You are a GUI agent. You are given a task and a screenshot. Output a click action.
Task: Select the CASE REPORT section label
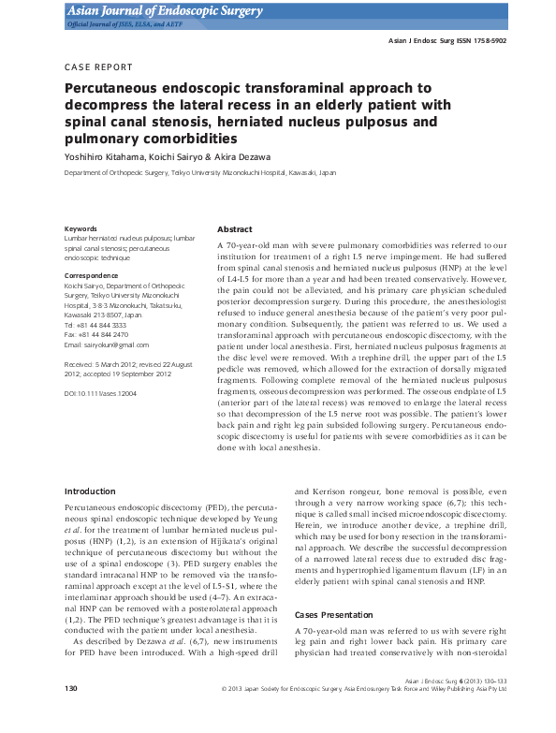pyautogui.click(x=98, y=67)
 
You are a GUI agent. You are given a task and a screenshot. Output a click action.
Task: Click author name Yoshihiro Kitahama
pyautogui.click(x=104, y=156)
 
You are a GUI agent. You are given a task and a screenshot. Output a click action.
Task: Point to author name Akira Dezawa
pyautogui.click(x=247, y=156)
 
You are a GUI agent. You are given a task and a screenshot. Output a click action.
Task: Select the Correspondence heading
pyautogui.click(x=90, y=275)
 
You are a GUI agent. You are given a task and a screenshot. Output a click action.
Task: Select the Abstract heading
pyautogui.click(x=234, y=229)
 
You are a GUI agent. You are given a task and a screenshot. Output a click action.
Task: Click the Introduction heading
pyautogui.click(x=90, y=491)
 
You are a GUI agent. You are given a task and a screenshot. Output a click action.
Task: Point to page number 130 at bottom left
pyautogui.click(x=70, y=715)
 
